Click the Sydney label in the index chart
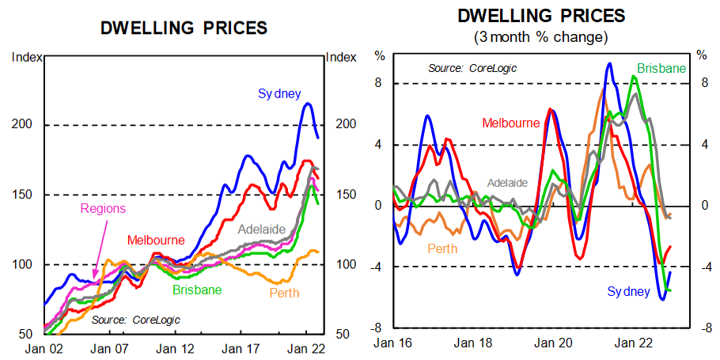pos(279,93)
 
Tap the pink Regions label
pos(103,209)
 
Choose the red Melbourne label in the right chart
pos(511,123)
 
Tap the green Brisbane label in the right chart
pos(661,68)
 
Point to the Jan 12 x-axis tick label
pos(170,347)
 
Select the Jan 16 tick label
pos(392,343)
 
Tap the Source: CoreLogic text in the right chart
pos(472,68)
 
